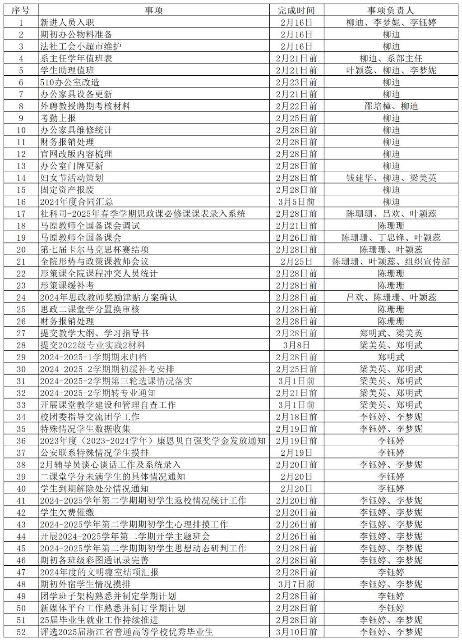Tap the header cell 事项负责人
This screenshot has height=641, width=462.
pyautogui.click(x=391, y=10)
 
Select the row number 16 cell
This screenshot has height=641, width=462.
pyautogui.click(x=21, y=202)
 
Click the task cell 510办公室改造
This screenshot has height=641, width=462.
pyautogui.click(x=70, y=82)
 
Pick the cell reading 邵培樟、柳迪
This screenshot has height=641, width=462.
pyautogui.click(x=391, y=106)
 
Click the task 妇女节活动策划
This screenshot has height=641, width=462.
pyautogui.click(x=72, y=178)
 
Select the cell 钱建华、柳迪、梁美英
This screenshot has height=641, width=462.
pyautogui.click(x=391, y=178)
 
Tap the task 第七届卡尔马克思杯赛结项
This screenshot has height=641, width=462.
pyautogui.click(x=94, y=250)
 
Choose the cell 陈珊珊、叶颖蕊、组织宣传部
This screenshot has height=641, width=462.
pyautogui.click(x=391, y=261)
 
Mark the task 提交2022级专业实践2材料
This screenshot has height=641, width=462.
pyautogui.click(x=92, y=345)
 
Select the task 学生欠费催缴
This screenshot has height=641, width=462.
pyautogui.click(x=67, y=513)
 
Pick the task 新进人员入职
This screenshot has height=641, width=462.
pyautogui.click(x=67, y=23)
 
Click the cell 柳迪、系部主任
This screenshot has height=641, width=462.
pyautogui.click(x=391, y=59)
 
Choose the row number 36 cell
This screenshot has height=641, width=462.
pyautogui.click(x=21, y=441)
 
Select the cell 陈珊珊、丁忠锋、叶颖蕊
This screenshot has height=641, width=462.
pyautogui.click(x=391, y=238)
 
